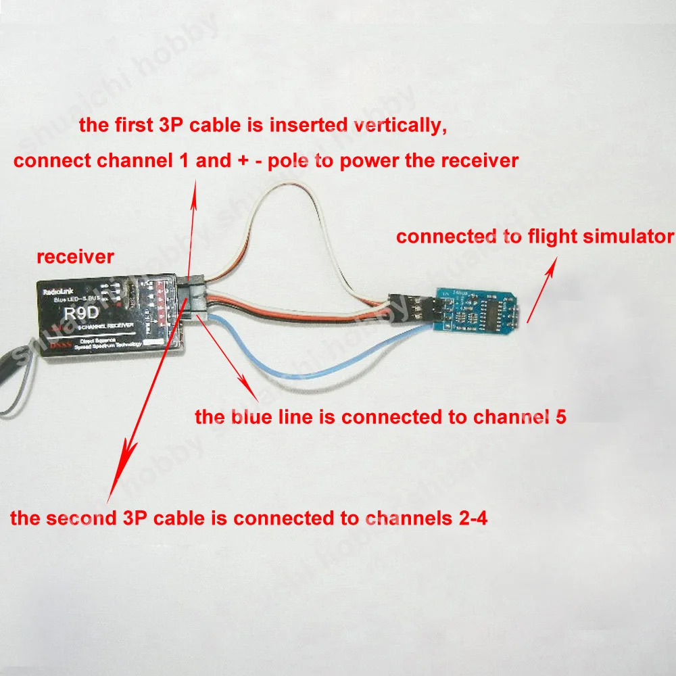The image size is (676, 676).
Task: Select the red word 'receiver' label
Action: point(76,257)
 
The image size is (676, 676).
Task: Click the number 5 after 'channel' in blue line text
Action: point(560,416)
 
